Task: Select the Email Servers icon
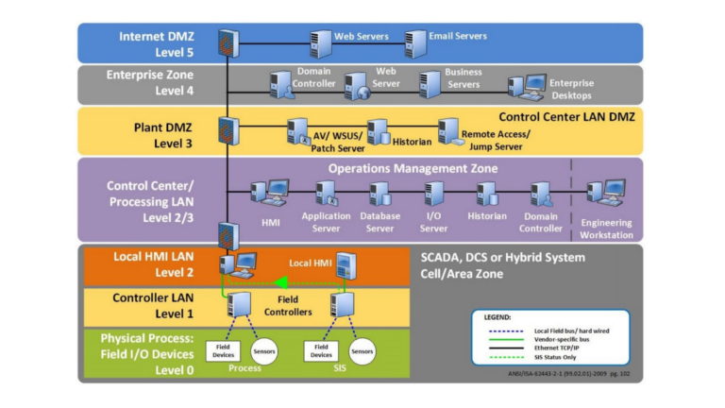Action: pos(415,42)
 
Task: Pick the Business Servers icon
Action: pos(430,85)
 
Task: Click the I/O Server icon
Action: pos(434,194)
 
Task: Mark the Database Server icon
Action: pos(380,194)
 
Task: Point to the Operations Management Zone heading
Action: pos(413,168)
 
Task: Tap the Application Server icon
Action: pos(326,194)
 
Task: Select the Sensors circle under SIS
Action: pos(362,350)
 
